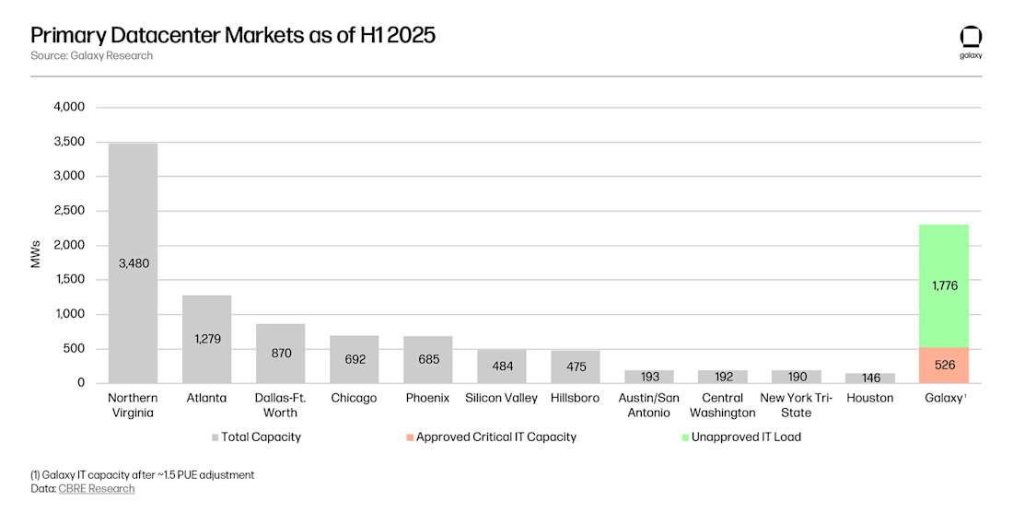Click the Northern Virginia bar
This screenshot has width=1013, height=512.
(133, 262)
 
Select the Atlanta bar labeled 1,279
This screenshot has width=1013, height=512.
(206, 338)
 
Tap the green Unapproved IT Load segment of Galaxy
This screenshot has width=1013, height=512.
(943, 285)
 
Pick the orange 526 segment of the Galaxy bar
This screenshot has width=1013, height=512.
(943, 365)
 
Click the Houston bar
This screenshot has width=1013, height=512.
(869, 378)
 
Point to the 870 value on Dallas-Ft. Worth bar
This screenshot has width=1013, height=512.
(280, 353)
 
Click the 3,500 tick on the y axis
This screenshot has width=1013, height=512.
(68, 142)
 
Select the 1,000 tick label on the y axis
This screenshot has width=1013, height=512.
(68, 314)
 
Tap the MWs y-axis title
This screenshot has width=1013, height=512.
(36, 255)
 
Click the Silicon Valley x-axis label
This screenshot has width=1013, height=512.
(501, 398)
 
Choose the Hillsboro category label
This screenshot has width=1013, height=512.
(575, 398)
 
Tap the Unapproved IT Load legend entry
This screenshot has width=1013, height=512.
(747, 436)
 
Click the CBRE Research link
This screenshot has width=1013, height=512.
(96, 488)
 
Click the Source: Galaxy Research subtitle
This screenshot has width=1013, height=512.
(91, 55)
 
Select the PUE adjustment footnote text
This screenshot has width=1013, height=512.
(142, 474)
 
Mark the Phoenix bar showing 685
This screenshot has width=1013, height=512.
(427, 359)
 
